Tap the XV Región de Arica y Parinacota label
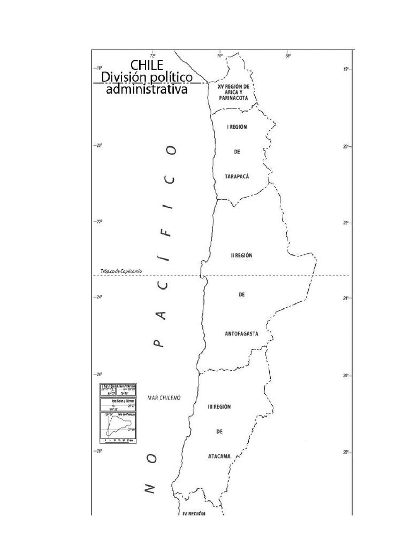click(233, 92)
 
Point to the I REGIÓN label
click(236, 128)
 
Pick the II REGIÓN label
click(241, 255)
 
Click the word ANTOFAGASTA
click(241, 333)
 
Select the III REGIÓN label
click(219, 407)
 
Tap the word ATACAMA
click(219, 456)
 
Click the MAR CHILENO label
click(164, 398)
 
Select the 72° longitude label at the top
click(153, 55)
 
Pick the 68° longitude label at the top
click(287, 55)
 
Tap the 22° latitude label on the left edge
click(99, 221)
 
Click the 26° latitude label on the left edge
click(99, 374)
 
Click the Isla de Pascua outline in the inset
click(118, 425)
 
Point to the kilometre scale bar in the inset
click(118, 439)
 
